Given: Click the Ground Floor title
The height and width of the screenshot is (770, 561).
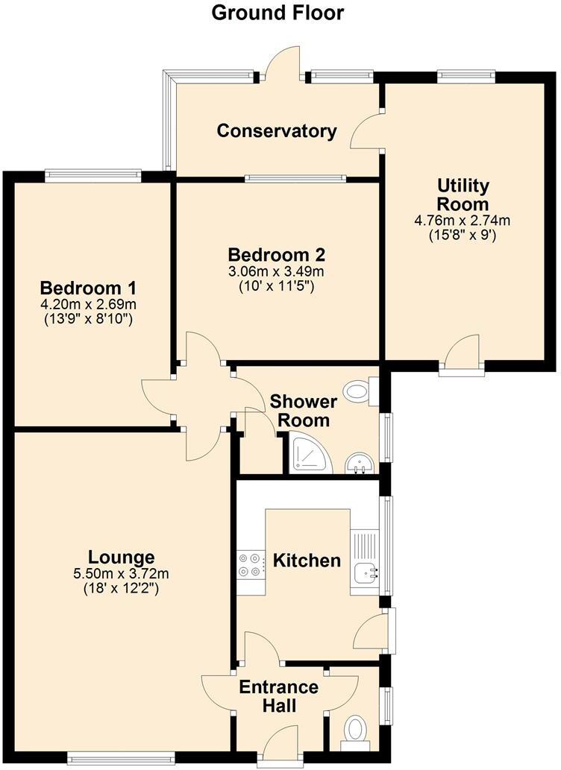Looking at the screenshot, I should click(x=278, y=13).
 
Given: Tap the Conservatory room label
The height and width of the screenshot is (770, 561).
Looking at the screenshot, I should click(x=276, y=131).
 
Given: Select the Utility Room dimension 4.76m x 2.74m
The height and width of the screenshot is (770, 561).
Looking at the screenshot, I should click(x=463, y=221).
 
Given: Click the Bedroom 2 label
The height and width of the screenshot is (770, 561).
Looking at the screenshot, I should click(x=277, y=254).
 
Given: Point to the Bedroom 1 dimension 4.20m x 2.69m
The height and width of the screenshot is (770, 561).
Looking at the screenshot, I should click(x=92, y=305).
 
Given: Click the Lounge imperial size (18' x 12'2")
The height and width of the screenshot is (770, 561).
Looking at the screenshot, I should click(x=122, y=588).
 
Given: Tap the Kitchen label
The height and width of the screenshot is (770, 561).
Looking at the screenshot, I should click(x=307, y=560).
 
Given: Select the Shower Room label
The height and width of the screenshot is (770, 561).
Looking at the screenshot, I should click(x=303, y=411).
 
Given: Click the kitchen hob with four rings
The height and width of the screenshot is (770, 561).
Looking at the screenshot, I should click(x=250, y=564).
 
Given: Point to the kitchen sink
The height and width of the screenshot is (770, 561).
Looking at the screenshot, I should click(x=366, y=573).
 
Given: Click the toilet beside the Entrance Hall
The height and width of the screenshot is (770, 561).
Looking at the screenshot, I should click(x=354, y=729).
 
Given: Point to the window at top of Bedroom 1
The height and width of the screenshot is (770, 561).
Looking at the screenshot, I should click(x=93, y=175).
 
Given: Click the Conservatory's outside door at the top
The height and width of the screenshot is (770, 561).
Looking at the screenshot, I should click(x=280, y=63).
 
